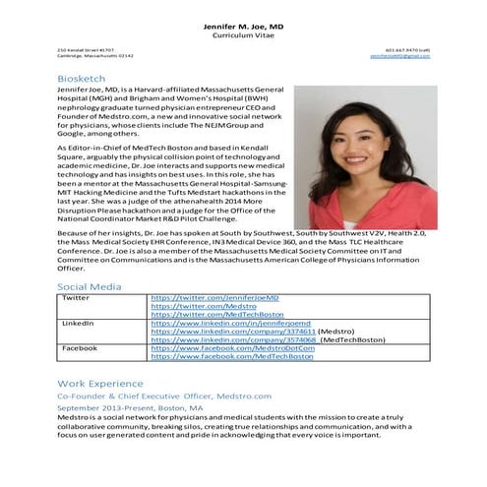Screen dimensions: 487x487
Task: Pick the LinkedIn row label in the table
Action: pos(78,323)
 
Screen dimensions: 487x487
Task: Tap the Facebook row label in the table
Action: pos(80,348)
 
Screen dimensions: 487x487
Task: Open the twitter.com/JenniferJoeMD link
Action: pos(214,296)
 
